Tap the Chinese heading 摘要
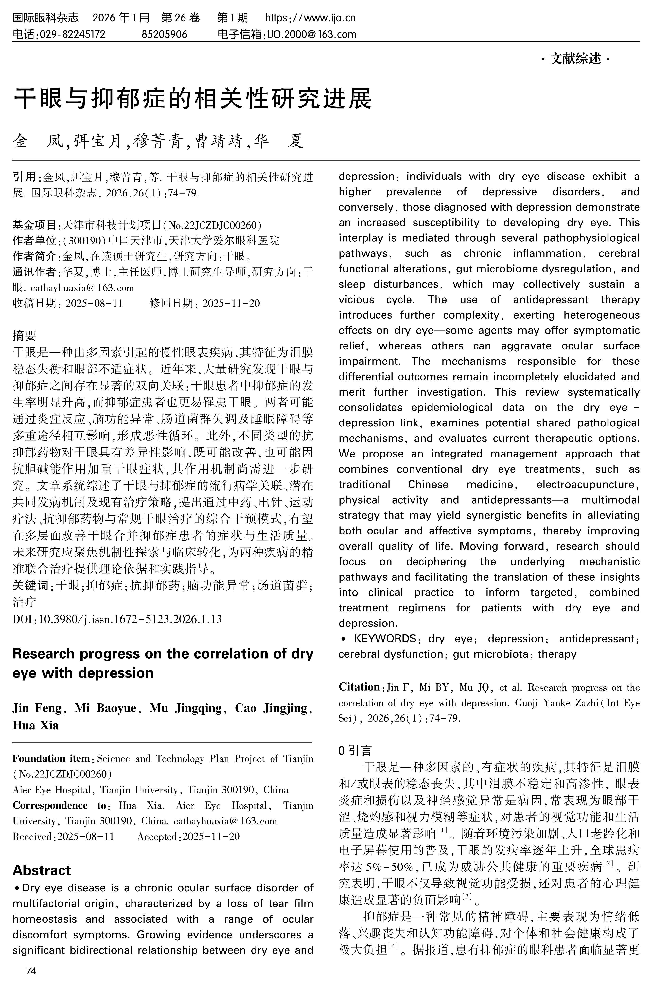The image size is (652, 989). click(x=25, y=335)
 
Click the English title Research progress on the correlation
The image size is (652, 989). click(x=163, y=654)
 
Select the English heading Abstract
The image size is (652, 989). click(x=42, y=870)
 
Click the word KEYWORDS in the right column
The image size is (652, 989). click(x=385, y=638)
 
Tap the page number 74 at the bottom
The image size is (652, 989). click(x=31, y=971)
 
